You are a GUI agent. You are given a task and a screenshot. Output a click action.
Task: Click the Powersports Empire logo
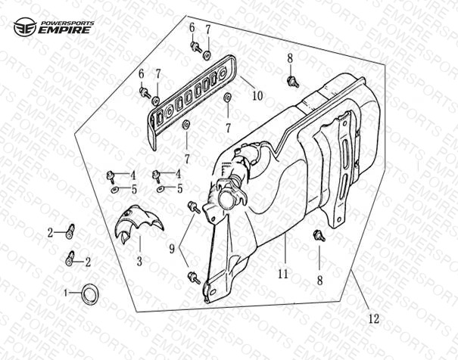click(x=54, y=26)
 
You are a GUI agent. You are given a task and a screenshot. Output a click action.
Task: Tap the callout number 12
click(x=373, y=318)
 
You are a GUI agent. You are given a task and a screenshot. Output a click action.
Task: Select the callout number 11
click(x=283, y=274)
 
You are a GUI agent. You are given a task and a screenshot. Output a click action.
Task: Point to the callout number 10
click(x=257, y=95)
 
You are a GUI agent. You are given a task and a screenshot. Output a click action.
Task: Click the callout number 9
click(x=172, y=249)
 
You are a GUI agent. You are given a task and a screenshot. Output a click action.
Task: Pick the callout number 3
click(x=139, y=261)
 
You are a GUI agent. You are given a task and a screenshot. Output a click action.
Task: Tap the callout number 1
click(x=66, y=293)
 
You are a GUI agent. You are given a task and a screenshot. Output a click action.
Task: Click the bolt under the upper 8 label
click(x=293, y=82)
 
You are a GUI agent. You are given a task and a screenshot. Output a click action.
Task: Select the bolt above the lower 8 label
click(x=319, y=236)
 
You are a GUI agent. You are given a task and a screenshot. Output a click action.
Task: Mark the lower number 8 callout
click(x=319, y=281)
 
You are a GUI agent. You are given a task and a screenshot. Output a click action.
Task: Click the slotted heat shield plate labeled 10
click(x=192, y=102)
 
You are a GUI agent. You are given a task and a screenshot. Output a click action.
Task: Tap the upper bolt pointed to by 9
click(x=194, y=206)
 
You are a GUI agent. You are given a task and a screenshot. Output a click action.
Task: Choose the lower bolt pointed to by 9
click(x=194, y=277)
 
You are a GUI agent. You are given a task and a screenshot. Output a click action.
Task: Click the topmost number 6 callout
click(x=192, y=28)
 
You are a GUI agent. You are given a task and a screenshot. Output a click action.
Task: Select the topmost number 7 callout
click(x=208, y=29)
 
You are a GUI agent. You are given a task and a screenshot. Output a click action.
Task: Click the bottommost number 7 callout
click(x=187, y=159)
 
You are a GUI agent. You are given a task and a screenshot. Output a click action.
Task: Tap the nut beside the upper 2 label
click(x=70, y=231)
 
